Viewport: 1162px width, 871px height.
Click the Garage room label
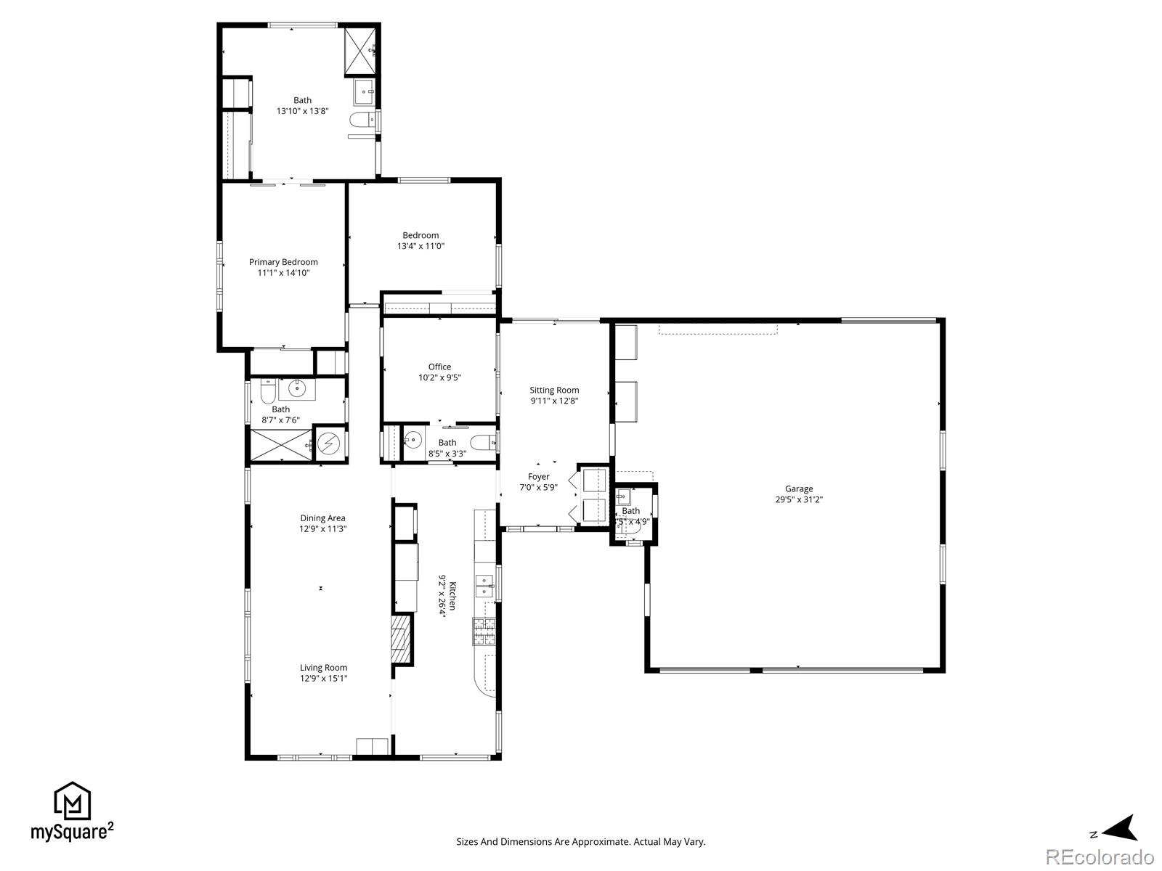click(798, 488)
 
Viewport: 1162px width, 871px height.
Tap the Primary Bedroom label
click(283, 262)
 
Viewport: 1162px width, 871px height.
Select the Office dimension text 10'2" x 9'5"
click(439, 377)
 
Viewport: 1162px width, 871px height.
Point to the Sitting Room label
click(554, 390)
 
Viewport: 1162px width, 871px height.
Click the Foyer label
click(539, 477)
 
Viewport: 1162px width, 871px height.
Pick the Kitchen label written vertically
click(452, 595)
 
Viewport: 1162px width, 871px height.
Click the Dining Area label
click(323, 518)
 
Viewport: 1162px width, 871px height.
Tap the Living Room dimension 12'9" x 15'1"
click(324, 679)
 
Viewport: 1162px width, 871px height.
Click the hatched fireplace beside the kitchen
click(402, 639)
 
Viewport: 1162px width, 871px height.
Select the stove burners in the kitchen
click(484, 631)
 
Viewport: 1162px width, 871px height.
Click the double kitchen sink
click(484, 586)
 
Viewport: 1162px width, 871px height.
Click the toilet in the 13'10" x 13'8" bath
click(360, 120)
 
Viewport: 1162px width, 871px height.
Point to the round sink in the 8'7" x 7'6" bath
click(297, 390)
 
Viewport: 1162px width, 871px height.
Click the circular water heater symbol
click(330, 442)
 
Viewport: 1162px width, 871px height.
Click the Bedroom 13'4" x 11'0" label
click(420, 235)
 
